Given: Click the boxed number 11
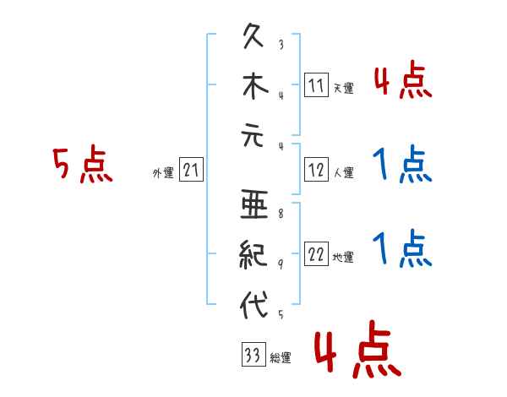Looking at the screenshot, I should [x=316, y=84].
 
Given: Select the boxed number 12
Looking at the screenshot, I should [x=316, y=170].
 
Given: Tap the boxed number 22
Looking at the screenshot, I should [x=316, y=254].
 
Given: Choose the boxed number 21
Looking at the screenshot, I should [x=191, y=170].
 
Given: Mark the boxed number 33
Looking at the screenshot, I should [x=252, y=356].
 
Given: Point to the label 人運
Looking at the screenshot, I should [x=343, y=173].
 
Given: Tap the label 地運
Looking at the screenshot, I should [x=343, y=258].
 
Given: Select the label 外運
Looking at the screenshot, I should [x=163, y=173].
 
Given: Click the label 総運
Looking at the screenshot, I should [x=280, y=358].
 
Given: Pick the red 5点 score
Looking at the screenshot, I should [x=82, y=165].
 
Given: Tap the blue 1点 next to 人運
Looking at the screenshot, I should [x=401, y=165].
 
